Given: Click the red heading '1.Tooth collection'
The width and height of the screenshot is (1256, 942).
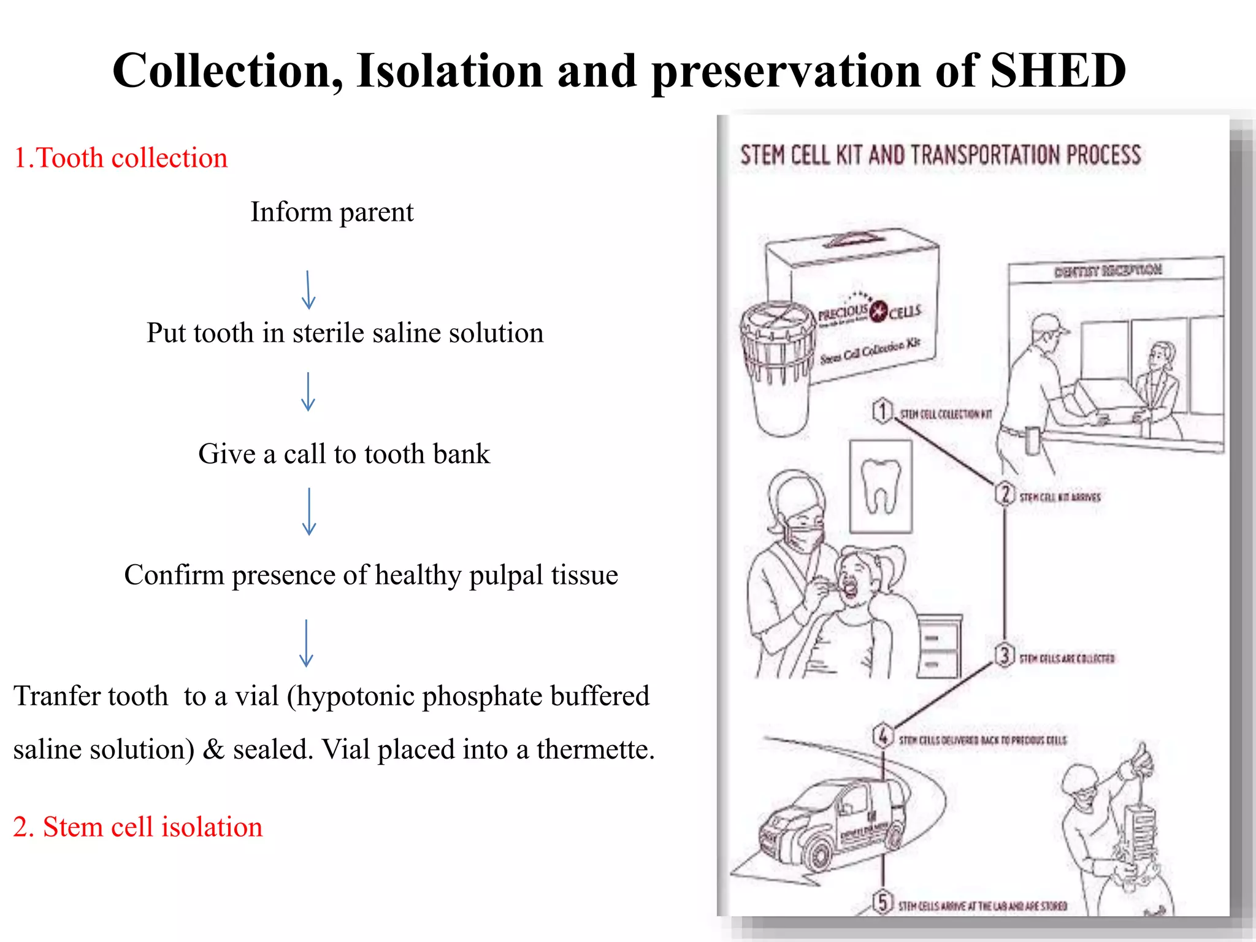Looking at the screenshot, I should pyautogui.click(x=120, y=158).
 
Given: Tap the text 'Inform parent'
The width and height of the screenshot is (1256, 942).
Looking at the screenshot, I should pyautogui.click(x=332, y=212).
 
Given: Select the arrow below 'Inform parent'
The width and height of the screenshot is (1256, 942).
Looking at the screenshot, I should pyautogui.click(x=308, y=290).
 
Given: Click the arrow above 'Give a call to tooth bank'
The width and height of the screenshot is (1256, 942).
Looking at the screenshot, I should pyautogui.click(x=308, y=391).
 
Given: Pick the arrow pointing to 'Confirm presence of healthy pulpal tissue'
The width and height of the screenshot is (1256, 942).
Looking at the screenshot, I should pyautogui.click(x=309, y=511).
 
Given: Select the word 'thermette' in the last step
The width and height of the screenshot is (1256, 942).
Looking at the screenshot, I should pyautogui.click(x=594, y=749).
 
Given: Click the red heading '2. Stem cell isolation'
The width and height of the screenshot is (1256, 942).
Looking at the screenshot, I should pyautogui.click(x=138, y=827).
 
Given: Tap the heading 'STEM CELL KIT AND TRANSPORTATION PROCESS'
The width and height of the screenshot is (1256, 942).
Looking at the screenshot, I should pyautogui.click(x=940, y=155).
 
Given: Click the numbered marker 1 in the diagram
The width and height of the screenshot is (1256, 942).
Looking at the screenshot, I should pyautogui.click(x=883, y=411).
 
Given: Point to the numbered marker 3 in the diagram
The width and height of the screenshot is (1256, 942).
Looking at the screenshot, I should pyautogui.click(x=1005, y=655).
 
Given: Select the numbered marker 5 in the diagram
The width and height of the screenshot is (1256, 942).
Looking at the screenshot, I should pyautogui.click(x=883, y=902).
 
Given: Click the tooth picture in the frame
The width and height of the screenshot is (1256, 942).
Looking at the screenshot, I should pyautogui.click(x=881, y=486).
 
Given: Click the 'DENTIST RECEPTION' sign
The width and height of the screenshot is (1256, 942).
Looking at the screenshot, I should pyautogui.click(x=1108, y=270).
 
